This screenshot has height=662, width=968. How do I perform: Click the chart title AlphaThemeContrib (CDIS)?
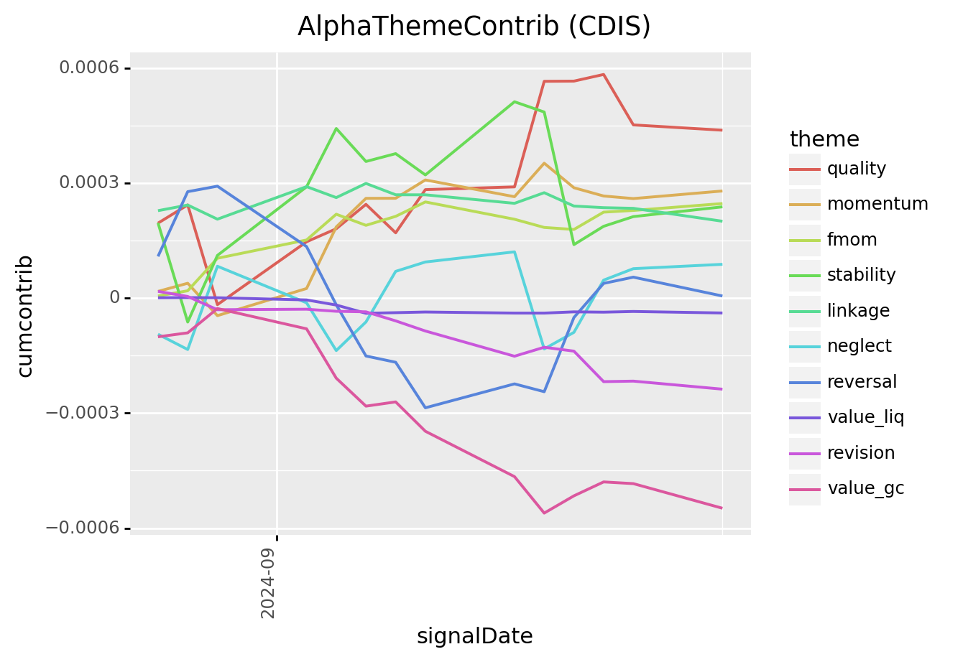[x=474, y=27]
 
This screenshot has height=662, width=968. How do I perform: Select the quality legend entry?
[x=856, y=169]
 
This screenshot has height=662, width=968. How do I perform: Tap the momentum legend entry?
[x=877, y=204]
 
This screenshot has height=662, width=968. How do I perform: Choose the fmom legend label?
[x=852, y=240]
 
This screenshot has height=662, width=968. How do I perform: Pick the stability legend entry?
[x=861, y=275]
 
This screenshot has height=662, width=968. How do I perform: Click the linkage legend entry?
[x=858, y=311]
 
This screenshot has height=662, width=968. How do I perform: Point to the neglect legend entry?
[x=859, y=346]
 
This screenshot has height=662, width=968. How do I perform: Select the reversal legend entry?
[x=862, y=382]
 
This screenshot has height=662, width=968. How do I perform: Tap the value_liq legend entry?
[x=865, y=417]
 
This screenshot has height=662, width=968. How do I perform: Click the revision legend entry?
[x=861, y=453]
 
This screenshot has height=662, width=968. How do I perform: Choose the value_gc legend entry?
[x=865, y=488]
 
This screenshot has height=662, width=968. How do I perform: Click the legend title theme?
[x=824, y=139]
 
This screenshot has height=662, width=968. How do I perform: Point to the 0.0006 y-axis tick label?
[x=90, y=68]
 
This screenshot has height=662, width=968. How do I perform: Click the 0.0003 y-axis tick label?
[x=90, y=183]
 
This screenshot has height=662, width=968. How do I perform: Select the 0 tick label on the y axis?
[x=115, y=298]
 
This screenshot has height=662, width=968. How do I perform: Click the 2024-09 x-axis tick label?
[x=268, y=582]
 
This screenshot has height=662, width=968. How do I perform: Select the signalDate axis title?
[x=474, y=637]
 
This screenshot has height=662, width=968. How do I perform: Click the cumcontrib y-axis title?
[x=25, y=316]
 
